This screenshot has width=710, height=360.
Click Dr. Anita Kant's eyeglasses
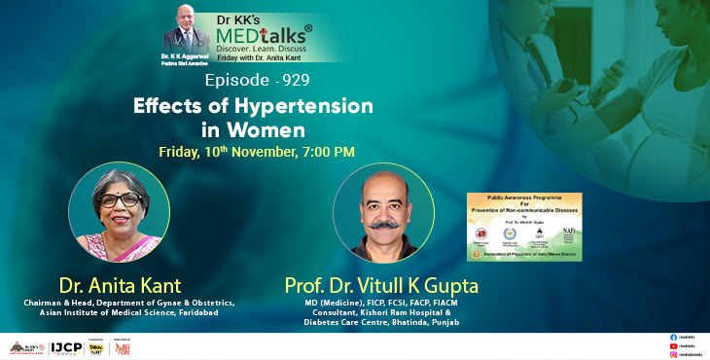(x=120, y=200)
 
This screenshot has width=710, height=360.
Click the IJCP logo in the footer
(x=66, y=346)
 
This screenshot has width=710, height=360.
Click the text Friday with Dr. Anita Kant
(x=265, y=58)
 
